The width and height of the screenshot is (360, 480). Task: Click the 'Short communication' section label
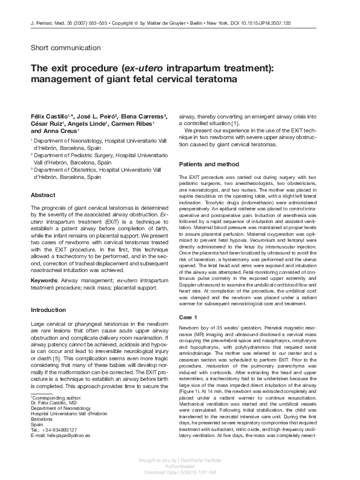(65, 48)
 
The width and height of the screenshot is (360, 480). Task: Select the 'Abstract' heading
(44, 195)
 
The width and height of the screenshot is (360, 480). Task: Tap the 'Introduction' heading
(48, 310)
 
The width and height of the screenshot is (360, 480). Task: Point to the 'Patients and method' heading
(210, 164)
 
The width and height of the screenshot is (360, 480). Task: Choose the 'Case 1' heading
(189, 317)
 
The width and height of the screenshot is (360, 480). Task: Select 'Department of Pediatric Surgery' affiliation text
(75, 155)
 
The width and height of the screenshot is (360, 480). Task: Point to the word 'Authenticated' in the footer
(180, 467)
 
